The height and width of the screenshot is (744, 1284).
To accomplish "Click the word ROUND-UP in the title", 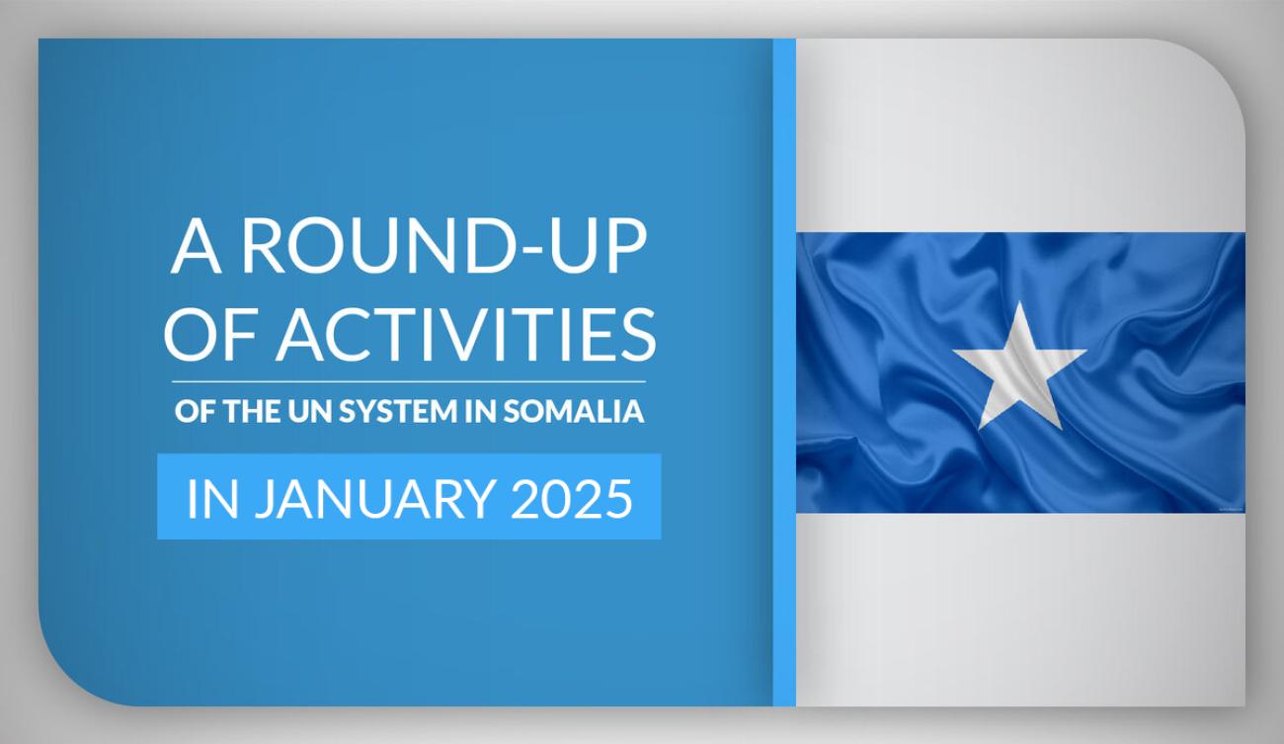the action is pyautogui.click(x=444, y=247).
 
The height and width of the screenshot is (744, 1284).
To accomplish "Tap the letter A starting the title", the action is pyautogui.click(x=196, y=247).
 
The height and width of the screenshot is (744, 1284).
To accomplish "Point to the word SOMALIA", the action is pyautogui.click(x=574, y=411).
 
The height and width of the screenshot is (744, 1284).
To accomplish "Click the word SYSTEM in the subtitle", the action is pyautogui.click(x=400, y=411).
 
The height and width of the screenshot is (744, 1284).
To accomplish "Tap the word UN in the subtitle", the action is pyautogui.click(x=314, y=411).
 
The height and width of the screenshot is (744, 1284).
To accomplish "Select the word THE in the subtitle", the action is pyautogui.click(x=254, y=411).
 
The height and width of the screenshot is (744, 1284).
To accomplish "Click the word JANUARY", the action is pyautogui.click(x=375, y=499).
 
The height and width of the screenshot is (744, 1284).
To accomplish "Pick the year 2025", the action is pyautogui.click(x=572, y=499).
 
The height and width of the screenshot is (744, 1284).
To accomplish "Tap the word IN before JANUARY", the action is pyautogui.click(x=212, y=499).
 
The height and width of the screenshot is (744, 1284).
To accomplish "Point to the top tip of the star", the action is pyautogui.click(x=1019, y=301).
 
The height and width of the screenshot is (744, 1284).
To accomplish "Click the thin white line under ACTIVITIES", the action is pyautogui.click(x=409, y=381).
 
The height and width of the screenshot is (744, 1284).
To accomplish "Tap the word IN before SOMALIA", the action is pyautogui.click(x=482, y=411).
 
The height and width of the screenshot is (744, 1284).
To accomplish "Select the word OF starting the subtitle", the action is pyautogui.click(x=195, y=411).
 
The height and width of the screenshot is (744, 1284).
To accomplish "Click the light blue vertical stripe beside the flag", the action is pyautogui.click(x=784, y=372).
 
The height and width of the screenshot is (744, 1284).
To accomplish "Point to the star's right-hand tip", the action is pyautogui.click(x=1086, y=351).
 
